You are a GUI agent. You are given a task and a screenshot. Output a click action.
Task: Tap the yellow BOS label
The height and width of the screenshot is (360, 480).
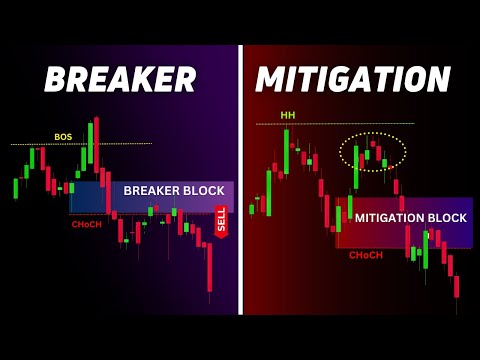point(63,136)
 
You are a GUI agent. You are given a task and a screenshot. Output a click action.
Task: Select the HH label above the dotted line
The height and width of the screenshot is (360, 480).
point(288,114)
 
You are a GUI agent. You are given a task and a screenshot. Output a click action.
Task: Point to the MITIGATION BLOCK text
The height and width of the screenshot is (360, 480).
point(410,217)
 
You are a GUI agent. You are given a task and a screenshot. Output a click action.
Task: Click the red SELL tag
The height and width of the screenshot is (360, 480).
point(222,221)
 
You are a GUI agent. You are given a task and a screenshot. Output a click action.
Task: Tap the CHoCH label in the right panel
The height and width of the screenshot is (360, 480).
point(365,255)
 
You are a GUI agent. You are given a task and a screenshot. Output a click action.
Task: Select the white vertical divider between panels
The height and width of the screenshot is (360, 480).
point(240,180)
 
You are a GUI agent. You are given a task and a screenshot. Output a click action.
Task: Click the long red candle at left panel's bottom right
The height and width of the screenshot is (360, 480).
point(209,264)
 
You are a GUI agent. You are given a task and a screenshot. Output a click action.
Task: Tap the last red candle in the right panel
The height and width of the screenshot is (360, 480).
point(456,287)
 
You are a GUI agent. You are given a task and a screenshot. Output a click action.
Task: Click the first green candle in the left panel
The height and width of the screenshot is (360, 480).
point(15,188)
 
